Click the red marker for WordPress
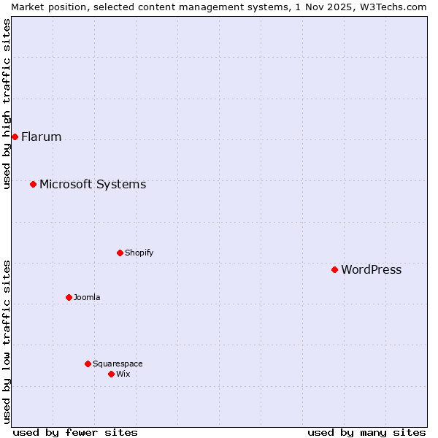click(x=334, y=269)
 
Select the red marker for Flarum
click(x=15, y=137)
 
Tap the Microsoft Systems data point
click(x=33, y=184)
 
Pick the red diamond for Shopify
click(x=120, y=253)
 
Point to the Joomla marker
click(x=69, y=297)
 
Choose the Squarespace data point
click(x=88, y=364)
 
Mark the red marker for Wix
click(x=111, y=374)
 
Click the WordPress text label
click(x=371, y=270)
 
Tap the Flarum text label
click(x=41, y=137)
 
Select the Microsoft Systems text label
click(x=93, y=185)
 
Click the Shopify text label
click(x=139, y=253)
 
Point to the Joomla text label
click(x=87, y=298)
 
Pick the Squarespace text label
click(x=118, y=364)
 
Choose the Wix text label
click(x=123, y=374)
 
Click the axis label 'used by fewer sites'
click(x=75, y=433)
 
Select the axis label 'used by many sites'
click(x=366, y=433)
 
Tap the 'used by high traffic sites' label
click(x=7, y=104)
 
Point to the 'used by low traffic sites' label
click(x=7, y=342)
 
